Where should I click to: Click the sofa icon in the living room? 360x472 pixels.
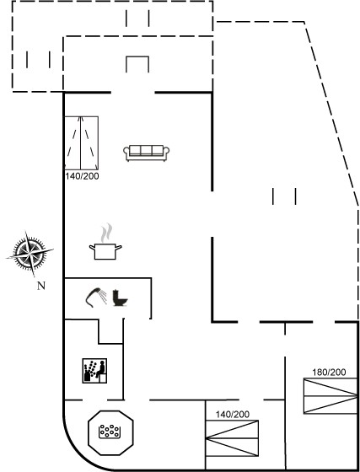[147, 153]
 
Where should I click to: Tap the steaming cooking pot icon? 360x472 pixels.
[105, 242]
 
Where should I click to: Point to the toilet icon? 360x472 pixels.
[120, 298]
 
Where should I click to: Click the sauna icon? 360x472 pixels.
[94, 371]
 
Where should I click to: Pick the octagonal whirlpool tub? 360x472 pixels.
[110, 432]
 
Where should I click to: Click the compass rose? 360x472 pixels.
[30, 254]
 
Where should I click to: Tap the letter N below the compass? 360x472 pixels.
[41, 286]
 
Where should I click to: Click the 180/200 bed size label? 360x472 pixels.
[329, 373]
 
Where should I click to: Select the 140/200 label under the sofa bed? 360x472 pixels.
[82, 176]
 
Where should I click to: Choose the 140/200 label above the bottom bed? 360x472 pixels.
[233, 415]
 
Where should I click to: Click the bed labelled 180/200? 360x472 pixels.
[330, 396]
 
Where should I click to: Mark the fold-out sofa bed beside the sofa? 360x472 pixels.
[82, 142]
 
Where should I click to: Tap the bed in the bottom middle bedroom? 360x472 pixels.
[232, 438]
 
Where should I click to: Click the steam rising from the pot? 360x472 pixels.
[106, 233]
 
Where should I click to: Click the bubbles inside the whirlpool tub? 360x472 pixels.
[110, 431]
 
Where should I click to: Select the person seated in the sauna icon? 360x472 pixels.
[101, 371]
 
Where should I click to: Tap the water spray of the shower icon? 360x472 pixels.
[103, 297]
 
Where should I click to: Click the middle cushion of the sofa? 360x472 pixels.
[147, 150]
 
